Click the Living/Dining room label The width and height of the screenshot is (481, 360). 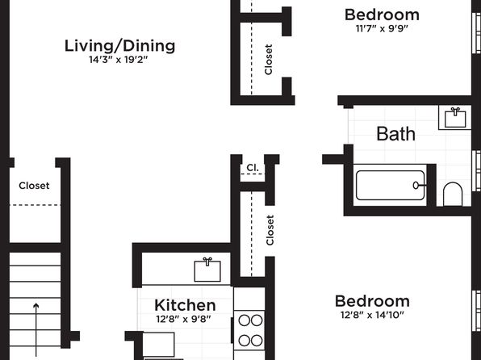[x=119, y=46]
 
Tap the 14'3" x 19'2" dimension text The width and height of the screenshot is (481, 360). [x=119, y=60]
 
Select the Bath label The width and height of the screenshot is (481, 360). [x=396, y=134]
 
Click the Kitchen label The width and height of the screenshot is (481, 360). [x=185, y=305]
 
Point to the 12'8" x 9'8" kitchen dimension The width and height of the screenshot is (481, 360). [x=183, y=319]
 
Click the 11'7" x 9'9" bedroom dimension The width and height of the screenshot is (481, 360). [x=382, y=28]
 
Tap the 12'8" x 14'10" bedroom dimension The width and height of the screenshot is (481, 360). [x=372, y=315]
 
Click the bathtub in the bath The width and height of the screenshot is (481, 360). [x=390, y=185]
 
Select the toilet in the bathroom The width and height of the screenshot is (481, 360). [x=453, y=194]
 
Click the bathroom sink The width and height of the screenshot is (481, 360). [x=455, y=118]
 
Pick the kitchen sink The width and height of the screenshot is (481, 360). [x=207, y=270]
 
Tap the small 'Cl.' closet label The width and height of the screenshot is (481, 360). [x=253, y=168]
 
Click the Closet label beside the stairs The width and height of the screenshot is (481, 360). [x=34, y=186]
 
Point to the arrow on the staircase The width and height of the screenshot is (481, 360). [x=36, y=329]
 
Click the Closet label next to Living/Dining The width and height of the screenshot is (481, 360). [x=269, y=60]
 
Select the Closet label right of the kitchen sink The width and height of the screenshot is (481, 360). [x=270, y=230]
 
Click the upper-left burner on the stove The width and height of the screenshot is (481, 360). [x=245, y=320]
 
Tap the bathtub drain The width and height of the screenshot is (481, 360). [x=416, y=186]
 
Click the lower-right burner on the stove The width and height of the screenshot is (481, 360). [x=257, y=341]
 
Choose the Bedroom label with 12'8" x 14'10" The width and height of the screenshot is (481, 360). [x=372, y=301]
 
